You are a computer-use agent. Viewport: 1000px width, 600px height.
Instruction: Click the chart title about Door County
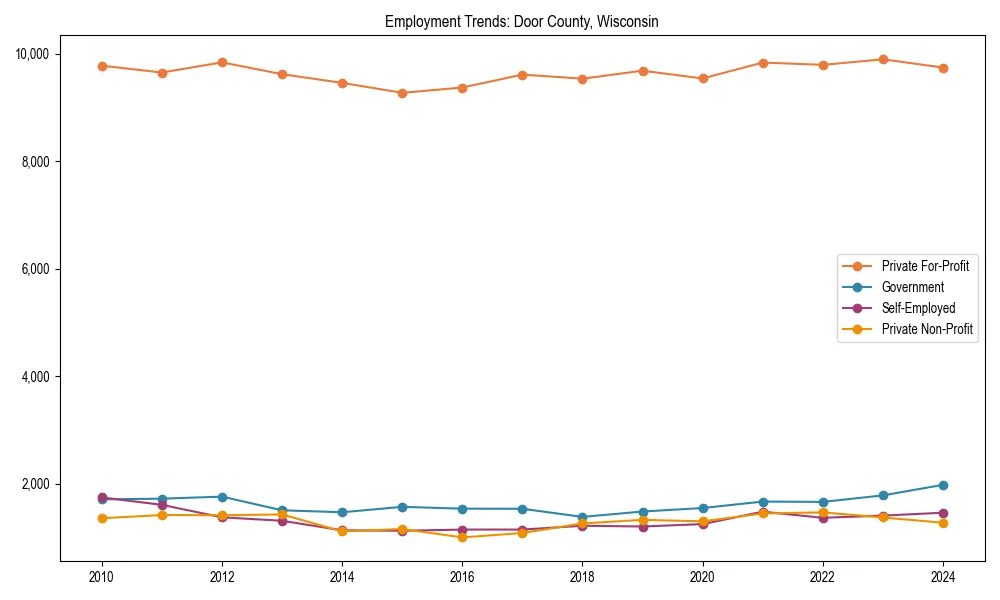coord(521,21)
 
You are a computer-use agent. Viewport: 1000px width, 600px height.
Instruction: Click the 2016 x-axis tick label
coord(462,578)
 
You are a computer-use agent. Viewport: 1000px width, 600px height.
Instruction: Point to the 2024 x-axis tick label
coord(943,578)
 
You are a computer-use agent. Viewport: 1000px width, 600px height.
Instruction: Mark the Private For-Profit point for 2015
coord(402,93)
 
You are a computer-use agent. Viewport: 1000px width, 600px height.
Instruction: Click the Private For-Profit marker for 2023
coord(883,59)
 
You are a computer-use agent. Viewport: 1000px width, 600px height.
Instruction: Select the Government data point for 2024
coord(943,485)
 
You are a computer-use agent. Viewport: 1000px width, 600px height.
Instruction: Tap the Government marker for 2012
coord(222,497)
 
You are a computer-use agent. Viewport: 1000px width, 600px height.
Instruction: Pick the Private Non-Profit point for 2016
coord(462,537)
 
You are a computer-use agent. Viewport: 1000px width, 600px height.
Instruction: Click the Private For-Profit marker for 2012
coord(222,62)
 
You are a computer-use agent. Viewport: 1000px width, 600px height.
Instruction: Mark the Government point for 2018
coord(583,517)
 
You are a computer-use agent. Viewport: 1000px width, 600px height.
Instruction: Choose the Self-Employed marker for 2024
coord(943,513)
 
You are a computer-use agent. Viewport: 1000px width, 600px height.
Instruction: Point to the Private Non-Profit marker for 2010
coord(102,518)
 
